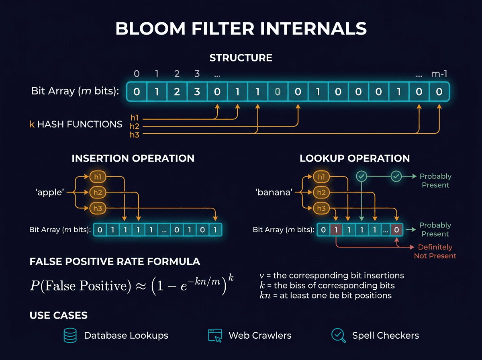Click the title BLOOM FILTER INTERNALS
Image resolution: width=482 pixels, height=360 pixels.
[x=241, y=29]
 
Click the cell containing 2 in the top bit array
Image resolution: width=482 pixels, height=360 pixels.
[x=177, y=92]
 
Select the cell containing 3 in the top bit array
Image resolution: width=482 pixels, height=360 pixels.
[x=197, y=92]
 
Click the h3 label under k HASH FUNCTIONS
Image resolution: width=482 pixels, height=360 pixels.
[x=134, y=135]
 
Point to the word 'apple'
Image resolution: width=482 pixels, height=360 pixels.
[x=50, y=192]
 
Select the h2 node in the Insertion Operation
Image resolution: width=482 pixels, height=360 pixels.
[x=98, y=192]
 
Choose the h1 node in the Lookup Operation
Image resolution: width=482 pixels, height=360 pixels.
[x=321, y=177]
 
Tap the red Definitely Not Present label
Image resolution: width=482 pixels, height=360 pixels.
[x=435, y=252]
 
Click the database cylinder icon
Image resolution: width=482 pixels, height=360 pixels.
[x=70, y=335]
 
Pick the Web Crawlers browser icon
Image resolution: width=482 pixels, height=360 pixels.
[x=215, y=335]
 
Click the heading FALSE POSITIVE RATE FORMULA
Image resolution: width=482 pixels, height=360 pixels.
[x=114, y=262]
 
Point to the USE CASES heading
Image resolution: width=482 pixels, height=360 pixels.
[x=59, y=315]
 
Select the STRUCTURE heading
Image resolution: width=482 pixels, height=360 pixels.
[x=241, y=58]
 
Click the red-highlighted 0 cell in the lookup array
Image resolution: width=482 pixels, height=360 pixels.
[x=396, y=230]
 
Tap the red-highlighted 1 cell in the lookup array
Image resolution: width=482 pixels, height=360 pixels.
[x=336, y=230]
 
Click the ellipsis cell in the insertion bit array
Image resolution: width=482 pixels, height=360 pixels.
[x=164, y=230]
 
